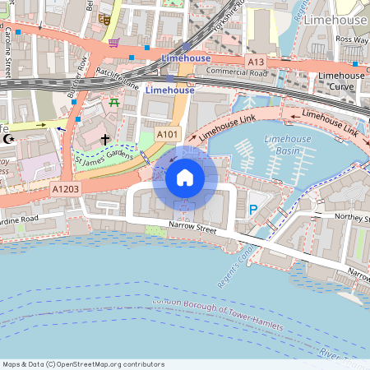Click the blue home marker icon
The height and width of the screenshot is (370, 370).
(184, 177)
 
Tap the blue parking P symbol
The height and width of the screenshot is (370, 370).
(252, 210)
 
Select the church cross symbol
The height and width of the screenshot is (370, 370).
(105, 141)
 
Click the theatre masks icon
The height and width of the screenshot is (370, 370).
(104, 17)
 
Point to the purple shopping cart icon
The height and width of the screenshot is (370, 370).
(113, 42)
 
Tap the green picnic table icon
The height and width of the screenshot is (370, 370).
(113, 102)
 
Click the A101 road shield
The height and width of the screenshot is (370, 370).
(168, 134)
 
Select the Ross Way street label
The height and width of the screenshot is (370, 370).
(351, 39)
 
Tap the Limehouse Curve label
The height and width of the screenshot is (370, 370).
(341, 81)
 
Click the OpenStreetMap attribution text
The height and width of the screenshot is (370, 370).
(84, 363)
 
